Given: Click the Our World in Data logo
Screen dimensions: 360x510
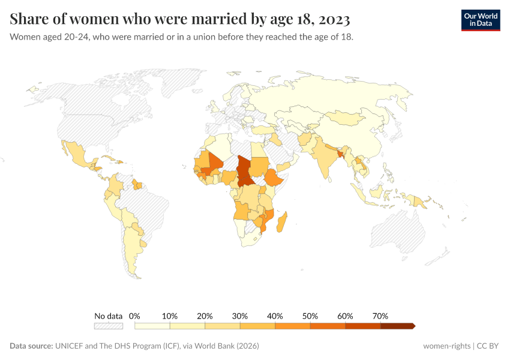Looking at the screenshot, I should (x=480, y=20).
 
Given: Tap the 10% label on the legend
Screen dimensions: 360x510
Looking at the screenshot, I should (x=170, y=316).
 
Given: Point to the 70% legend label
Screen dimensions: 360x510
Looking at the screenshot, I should (x=380, y=316).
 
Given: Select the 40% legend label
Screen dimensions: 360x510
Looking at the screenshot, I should (x=275, y=316).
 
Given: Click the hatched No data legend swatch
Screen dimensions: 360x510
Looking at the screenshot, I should (x=109, y=326).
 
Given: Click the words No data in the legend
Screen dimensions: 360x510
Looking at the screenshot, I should (x=109, y=316).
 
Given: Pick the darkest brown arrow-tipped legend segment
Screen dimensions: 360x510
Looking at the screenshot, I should (x=397, y=326).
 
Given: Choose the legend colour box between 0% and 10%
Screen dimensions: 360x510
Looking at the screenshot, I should (x=152, y=326).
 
